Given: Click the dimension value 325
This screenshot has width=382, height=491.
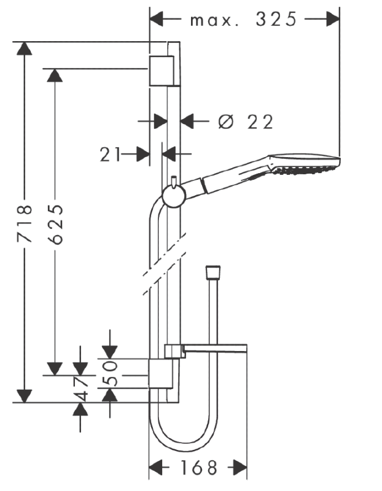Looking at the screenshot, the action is pyautogui.click(x=276, y=20).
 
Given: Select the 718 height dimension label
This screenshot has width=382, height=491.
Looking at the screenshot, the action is pyautogui.click(x=25, y=223).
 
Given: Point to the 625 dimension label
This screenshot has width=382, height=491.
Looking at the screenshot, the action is pyautogui.click(x=56, y=224).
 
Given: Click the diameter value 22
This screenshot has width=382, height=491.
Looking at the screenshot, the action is pyautogui.click(x=260, y=122).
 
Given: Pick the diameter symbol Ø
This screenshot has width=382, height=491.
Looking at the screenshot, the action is pyautogui.click(x=226, y=122).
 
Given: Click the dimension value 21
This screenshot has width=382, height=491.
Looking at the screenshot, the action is pyautogui.click(x=110, y=155).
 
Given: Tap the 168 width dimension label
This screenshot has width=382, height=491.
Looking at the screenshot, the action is pyautogui.click(x=199, y=468).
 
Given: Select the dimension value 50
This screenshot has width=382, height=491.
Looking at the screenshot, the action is pyautogui.click(x=110, y=373).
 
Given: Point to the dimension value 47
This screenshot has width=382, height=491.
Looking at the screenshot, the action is pyautogui.click(x=81, y=389).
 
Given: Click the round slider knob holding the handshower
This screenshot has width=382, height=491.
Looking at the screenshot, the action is pyautogui.click(x=174, y=196).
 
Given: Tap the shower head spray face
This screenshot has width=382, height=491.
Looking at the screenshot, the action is pyautogui.click(x=305, y=169).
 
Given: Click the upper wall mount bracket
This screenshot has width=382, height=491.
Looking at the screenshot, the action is pyautogui.click(x=162, y=71).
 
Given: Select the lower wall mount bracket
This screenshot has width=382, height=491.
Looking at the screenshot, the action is pyautogui.click(x=160, y=374).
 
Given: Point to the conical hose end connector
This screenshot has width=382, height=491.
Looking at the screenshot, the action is pyautogui.click(x=213, y=273).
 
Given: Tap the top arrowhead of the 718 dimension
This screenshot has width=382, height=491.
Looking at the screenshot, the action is pyautogui.click(x=25, y=48).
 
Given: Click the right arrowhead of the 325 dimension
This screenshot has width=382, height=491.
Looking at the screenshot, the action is pyautogui.click(x=333, y=19).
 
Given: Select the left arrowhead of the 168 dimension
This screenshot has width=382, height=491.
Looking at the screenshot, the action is pyautogui.click(x=155, y=468).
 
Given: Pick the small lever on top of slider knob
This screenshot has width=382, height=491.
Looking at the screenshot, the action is pyautogui.click(x=174, y=182).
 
